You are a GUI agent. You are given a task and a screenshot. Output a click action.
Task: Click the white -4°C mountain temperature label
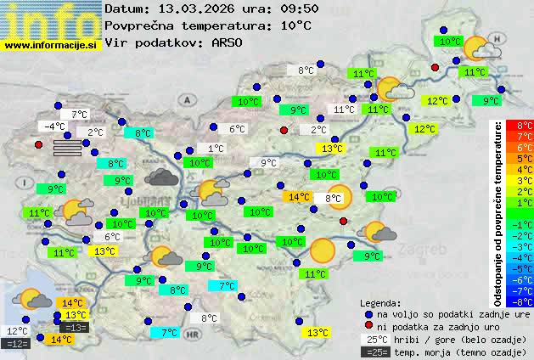54,127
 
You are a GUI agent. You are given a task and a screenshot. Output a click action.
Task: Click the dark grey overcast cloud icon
161,177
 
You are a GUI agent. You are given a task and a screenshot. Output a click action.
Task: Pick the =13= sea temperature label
75,328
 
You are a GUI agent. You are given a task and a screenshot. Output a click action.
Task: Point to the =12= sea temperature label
17,344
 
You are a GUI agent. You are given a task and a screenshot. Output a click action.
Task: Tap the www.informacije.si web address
51,45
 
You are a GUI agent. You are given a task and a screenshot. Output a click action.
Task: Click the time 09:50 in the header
278,8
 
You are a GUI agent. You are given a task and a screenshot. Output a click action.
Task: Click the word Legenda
380,302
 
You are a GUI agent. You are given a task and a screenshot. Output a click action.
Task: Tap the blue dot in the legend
368,313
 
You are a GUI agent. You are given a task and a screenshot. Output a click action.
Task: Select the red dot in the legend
368,326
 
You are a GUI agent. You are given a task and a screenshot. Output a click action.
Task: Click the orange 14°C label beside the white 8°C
299,197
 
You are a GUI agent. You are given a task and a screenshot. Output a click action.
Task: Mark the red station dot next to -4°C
38,144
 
